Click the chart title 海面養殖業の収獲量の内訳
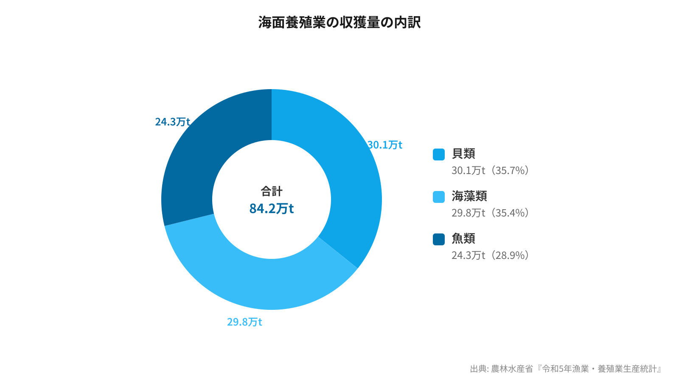point(339,22)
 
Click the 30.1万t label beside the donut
point(385,145)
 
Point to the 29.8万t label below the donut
point(244,322)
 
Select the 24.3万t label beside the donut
point(172,122)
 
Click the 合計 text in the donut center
point(272,191)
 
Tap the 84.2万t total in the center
point(272,209)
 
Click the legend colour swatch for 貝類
point(439,154)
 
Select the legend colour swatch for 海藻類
point(439,197)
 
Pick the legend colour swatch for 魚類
point(439,239)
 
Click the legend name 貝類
point(463,154)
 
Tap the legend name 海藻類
point(469,196)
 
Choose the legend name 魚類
point(463,239)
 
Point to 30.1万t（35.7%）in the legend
point(490,171)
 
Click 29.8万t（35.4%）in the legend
point(490,213)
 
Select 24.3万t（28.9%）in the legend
point(490,256)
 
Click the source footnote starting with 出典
point(566,369)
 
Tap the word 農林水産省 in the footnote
point(512,369)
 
